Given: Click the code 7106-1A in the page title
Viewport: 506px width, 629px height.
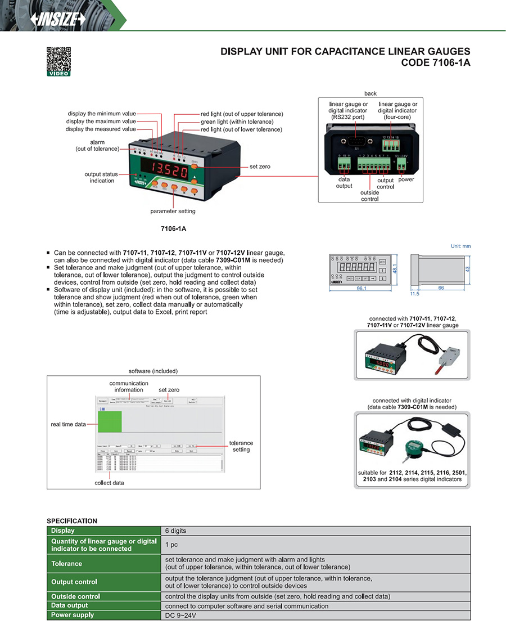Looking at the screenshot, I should (x=435, y=62).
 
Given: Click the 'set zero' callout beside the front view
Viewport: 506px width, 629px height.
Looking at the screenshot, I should (x=261, y=167).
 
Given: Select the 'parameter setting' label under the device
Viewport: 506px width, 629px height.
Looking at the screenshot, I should (x=173, y=212).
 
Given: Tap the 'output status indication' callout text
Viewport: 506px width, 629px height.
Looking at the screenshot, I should (x=102, y=177).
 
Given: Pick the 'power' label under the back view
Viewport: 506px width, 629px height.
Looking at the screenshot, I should (x=406, y=179).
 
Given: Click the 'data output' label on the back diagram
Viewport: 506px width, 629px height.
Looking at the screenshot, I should (x=344, y=183).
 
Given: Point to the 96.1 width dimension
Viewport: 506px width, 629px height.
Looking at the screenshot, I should (x=358, y=289).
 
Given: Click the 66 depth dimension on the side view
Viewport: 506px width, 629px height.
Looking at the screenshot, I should (x=442, y=287).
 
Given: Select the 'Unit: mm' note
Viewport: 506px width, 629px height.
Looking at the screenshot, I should (x=460, y=246).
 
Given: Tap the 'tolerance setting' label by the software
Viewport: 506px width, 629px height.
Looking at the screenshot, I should (x=241, y=446).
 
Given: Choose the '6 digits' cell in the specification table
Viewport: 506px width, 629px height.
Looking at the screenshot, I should (x=175, y=531).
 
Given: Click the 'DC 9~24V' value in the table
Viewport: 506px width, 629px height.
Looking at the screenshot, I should (x=180, y=615).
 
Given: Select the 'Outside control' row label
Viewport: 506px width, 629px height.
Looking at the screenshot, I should (x=75, y=596).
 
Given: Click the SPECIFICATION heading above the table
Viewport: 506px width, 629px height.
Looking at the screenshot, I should (x=72, y=521).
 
